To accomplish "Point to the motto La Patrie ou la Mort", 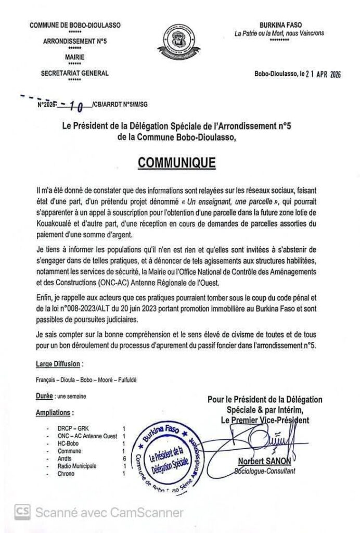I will pyautogui.click(x=287, y=33).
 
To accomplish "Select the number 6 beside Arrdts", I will pyautogui.click(x=124, y=459).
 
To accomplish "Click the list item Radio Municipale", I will pyautogui.click(x=77, y=466).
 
